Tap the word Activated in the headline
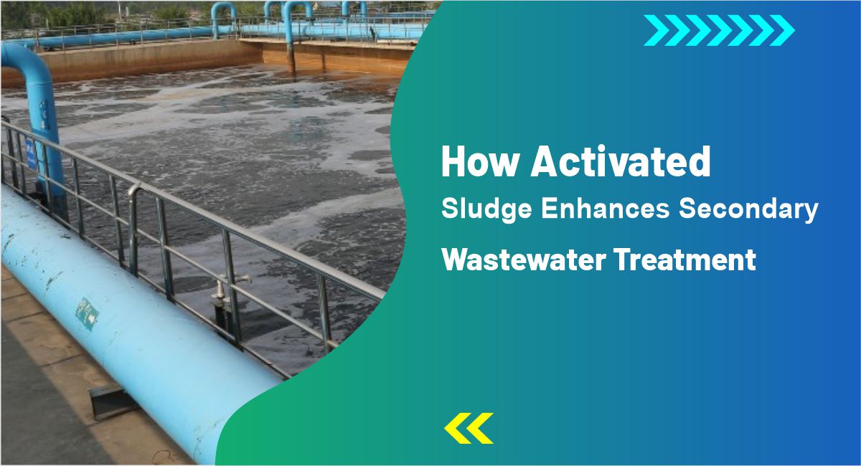(620, 163)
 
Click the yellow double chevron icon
(469, 428)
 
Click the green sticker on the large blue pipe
(88, 313)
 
